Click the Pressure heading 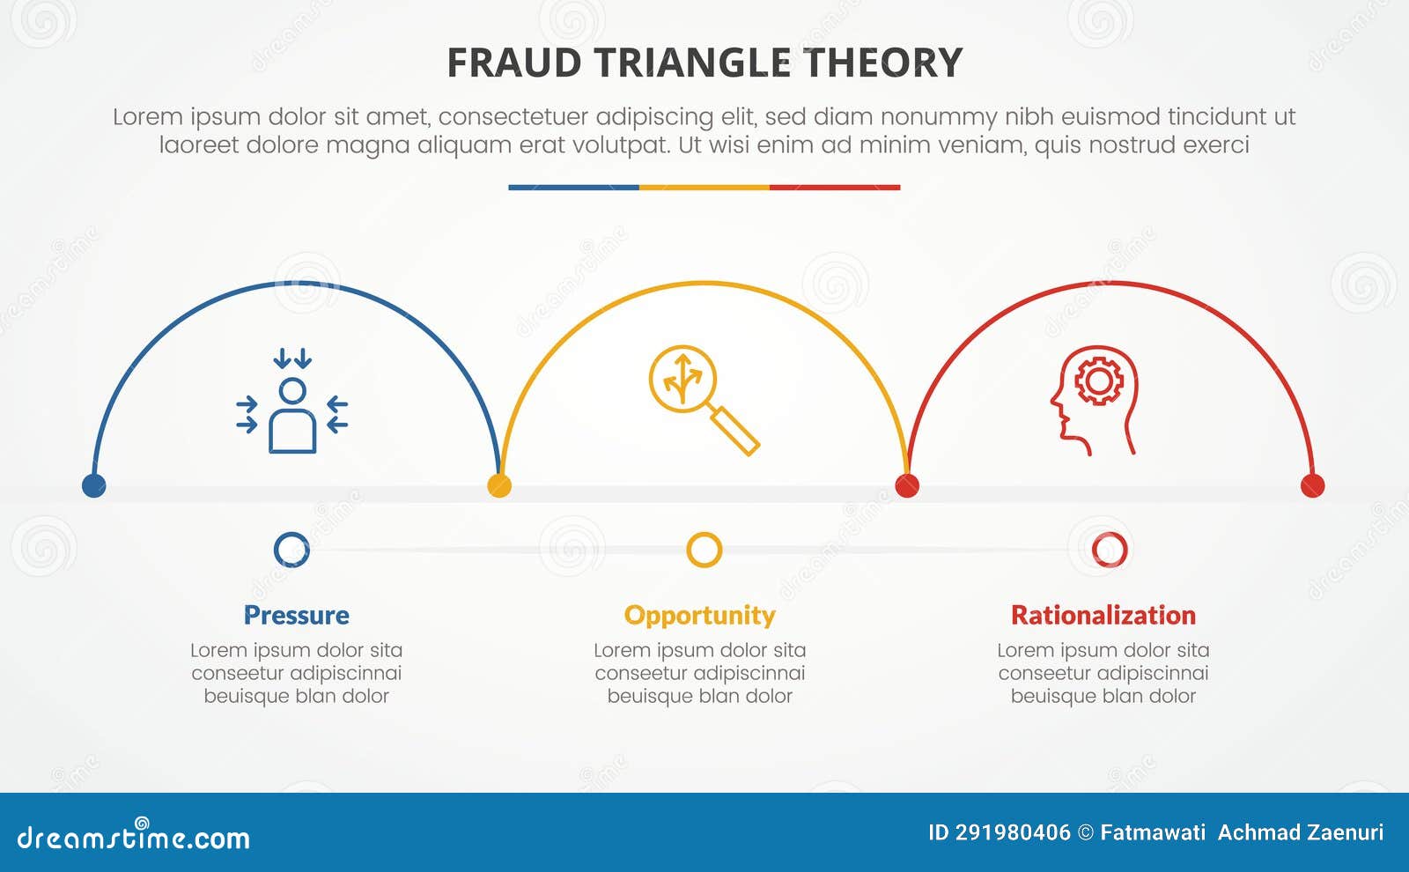pyautogui.click(x=296, y=615)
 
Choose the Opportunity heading pyautogui.click(x=699, y=615)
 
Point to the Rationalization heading pyautogui.click(x=1103, y=615)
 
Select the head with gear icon pyautogui.click(x=1094, y=400)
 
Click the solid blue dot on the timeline pyautogui.click(x=93, y=485)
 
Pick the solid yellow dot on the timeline pyautogui.click(x=499, y=485)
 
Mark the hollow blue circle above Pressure pyautogui.click(x=291, y=550)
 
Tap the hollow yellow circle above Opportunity pyautogui.click(x=704, y=550)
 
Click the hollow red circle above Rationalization pyautogui.click(x=1109, y=550)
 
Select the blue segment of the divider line pyautogui.click(x=573, y=188)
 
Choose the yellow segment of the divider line pyautogui.click(x=704, y=188)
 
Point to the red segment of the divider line pyautogui.click(x=835, y=188)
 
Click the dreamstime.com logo pyautogui.click(x=133, y=837)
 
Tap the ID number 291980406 pyautogui.click(x=1012, y=832)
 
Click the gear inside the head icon pyautogui.click(x=1098, y=381)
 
